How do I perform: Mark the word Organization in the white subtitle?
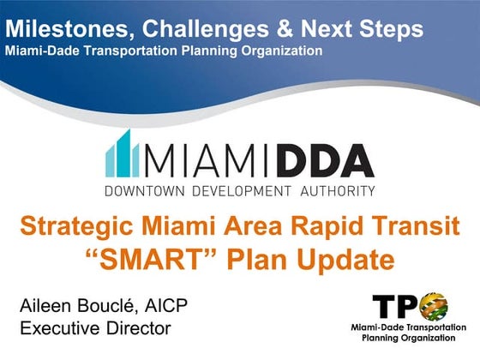click(x=280, y=51)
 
